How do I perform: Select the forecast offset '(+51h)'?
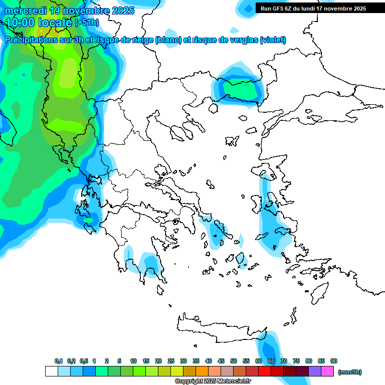(x=87, y=23)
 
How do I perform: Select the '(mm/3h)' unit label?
(x=349, y=372)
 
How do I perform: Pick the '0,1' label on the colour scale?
(x=58, y=361)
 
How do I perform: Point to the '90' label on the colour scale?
(x=334, y=361)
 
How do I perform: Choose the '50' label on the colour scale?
(x=234, y=361)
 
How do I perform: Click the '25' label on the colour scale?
(x=171, y=361)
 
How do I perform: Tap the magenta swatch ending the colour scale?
(x=327, y=371)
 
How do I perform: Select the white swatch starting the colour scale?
(x=51, y=371)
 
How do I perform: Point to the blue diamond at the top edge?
(x=247, y=8)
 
